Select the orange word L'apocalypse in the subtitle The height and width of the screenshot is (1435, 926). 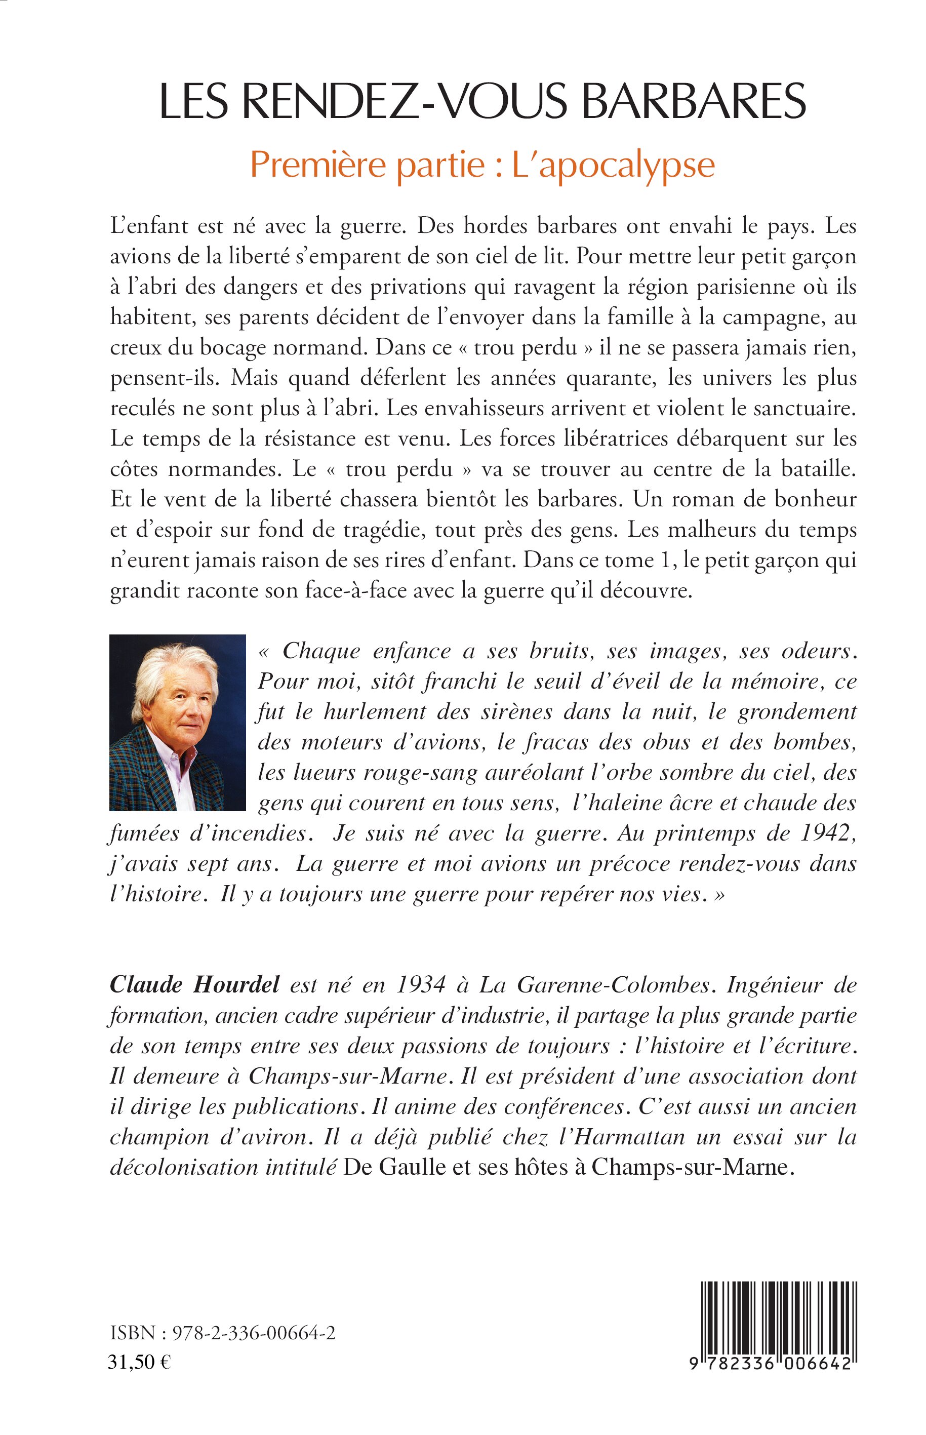click(x=613, y=165)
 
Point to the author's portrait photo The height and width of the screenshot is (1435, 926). click(x=177, y=723)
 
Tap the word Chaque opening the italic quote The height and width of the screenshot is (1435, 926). click(x=321, y=651)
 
